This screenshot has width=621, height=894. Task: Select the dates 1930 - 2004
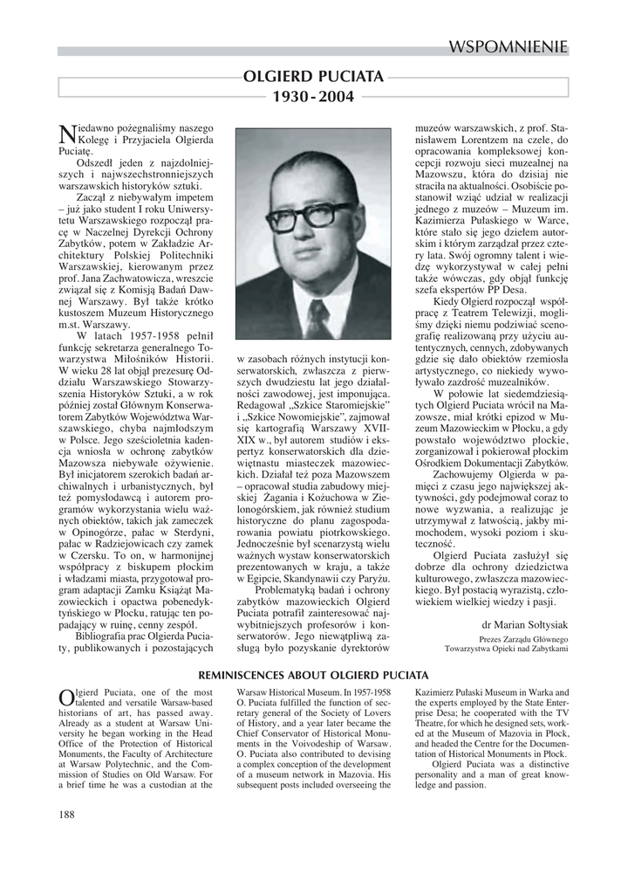313,97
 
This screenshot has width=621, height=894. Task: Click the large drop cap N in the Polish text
65,134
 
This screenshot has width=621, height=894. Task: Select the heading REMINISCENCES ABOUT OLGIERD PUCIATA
313,675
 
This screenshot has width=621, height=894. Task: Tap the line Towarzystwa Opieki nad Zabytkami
506,649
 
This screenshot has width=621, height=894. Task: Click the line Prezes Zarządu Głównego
524,638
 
